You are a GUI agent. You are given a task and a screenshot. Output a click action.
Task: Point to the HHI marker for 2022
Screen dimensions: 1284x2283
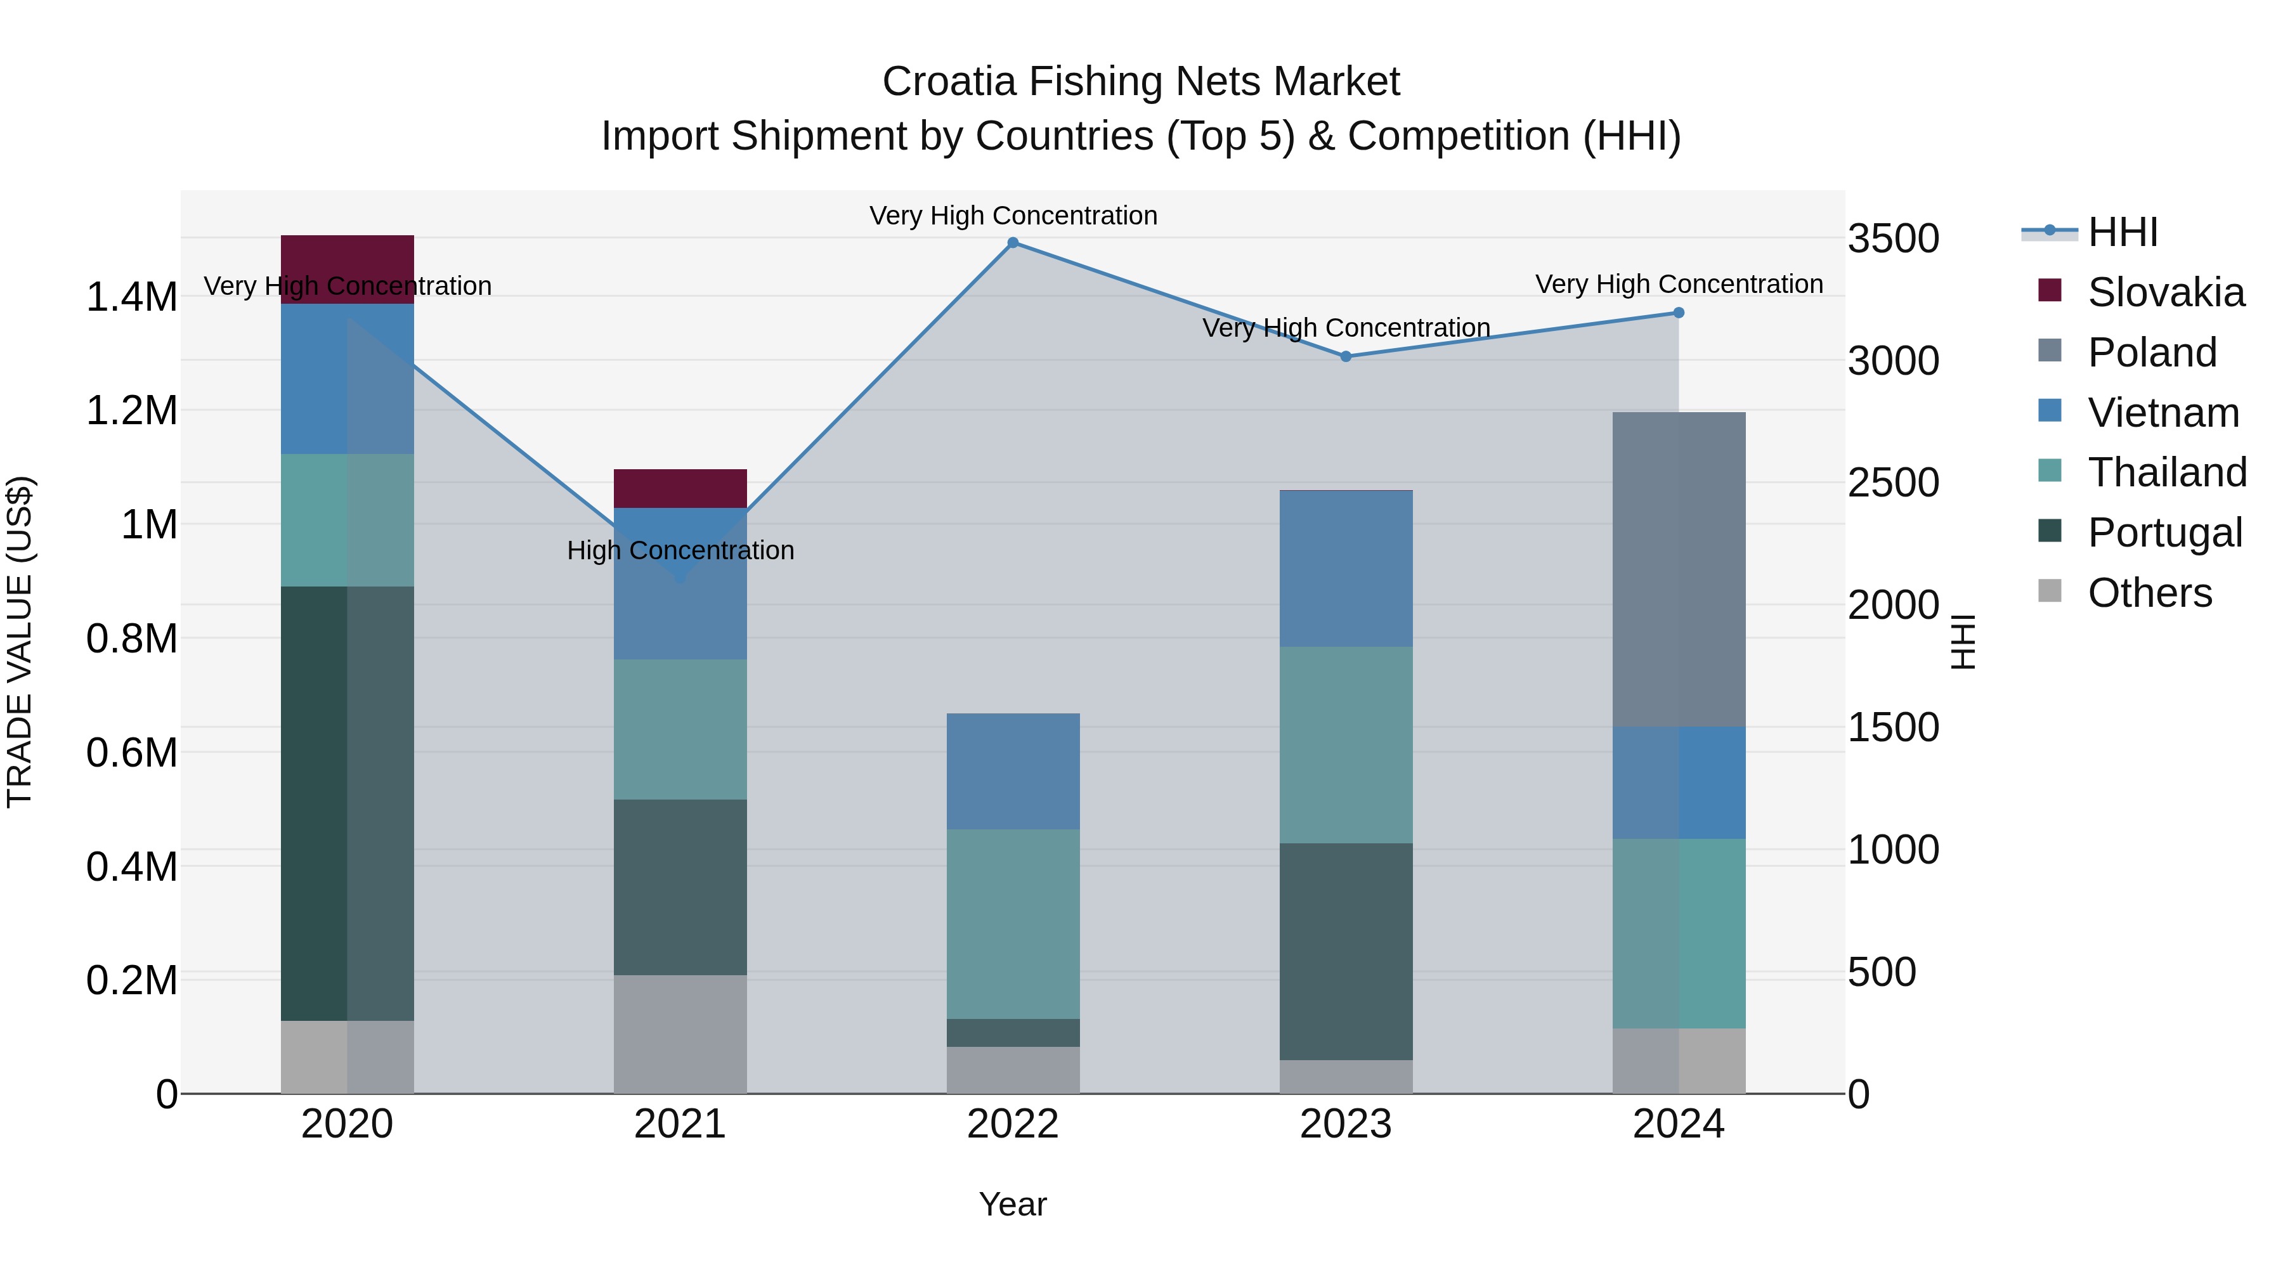click(x=1013, y=243)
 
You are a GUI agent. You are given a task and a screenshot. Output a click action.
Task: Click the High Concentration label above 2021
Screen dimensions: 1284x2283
click(x=680, y=550)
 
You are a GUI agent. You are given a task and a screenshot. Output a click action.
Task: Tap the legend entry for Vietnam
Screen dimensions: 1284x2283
click(x=2163, y=412)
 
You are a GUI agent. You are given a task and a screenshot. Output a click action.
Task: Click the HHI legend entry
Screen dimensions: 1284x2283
click(x=2122, y=232)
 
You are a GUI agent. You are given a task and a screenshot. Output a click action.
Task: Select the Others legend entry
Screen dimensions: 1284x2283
click(x=2149, y=592)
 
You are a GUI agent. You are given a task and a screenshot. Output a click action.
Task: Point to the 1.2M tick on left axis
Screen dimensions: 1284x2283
click(x=131, y=410)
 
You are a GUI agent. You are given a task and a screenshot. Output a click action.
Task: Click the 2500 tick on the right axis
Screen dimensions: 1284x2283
click(x=1893, y=483)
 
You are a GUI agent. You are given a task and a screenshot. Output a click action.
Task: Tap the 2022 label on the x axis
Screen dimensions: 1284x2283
click(x=1012, y=1124)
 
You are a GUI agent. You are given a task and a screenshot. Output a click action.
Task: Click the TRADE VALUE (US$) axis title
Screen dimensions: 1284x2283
click(x=20, y=642)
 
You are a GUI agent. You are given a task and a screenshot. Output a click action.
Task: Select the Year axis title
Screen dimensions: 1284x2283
click(x=1012, y=1204)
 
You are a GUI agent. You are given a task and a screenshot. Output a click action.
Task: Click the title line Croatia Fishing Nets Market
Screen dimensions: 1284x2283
click(x=1141, y=82)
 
